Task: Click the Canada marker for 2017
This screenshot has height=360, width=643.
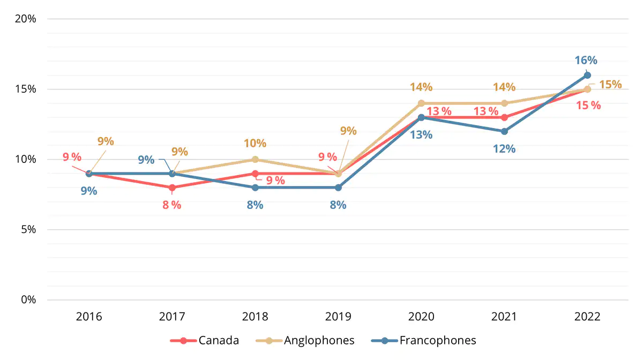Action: click(172, 187)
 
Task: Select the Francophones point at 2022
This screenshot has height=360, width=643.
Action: click(587, 76)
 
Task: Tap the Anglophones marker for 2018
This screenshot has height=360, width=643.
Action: click(255, 159)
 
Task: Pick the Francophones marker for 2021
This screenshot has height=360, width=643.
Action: click(504, 131)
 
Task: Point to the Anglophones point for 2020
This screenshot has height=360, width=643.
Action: click(421, 103)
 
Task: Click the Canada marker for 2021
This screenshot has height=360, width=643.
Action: click(504, 117)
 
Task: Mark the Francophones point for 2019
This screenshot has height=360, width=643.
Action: click(338, 187)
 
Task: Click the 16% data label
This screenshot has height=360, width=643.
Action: click(586, 61)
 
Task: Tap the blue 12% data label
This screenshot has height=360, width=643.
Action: click(504, 149)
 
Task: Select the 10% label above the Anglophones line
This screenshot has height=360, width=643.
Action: click(255, 143)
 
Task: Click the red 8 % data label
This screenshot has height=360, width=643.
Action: click(172, 205)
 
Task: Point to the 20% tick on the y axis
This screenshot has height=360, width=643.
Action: click(25, 19)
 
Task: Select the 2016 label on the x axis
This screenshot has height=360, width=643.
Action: click(89, 316)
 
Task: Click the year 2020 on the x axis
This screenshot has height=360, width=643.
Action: click(421, 316)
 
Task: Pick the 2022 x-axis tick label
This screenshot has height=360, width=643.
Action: click(587, 316)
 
